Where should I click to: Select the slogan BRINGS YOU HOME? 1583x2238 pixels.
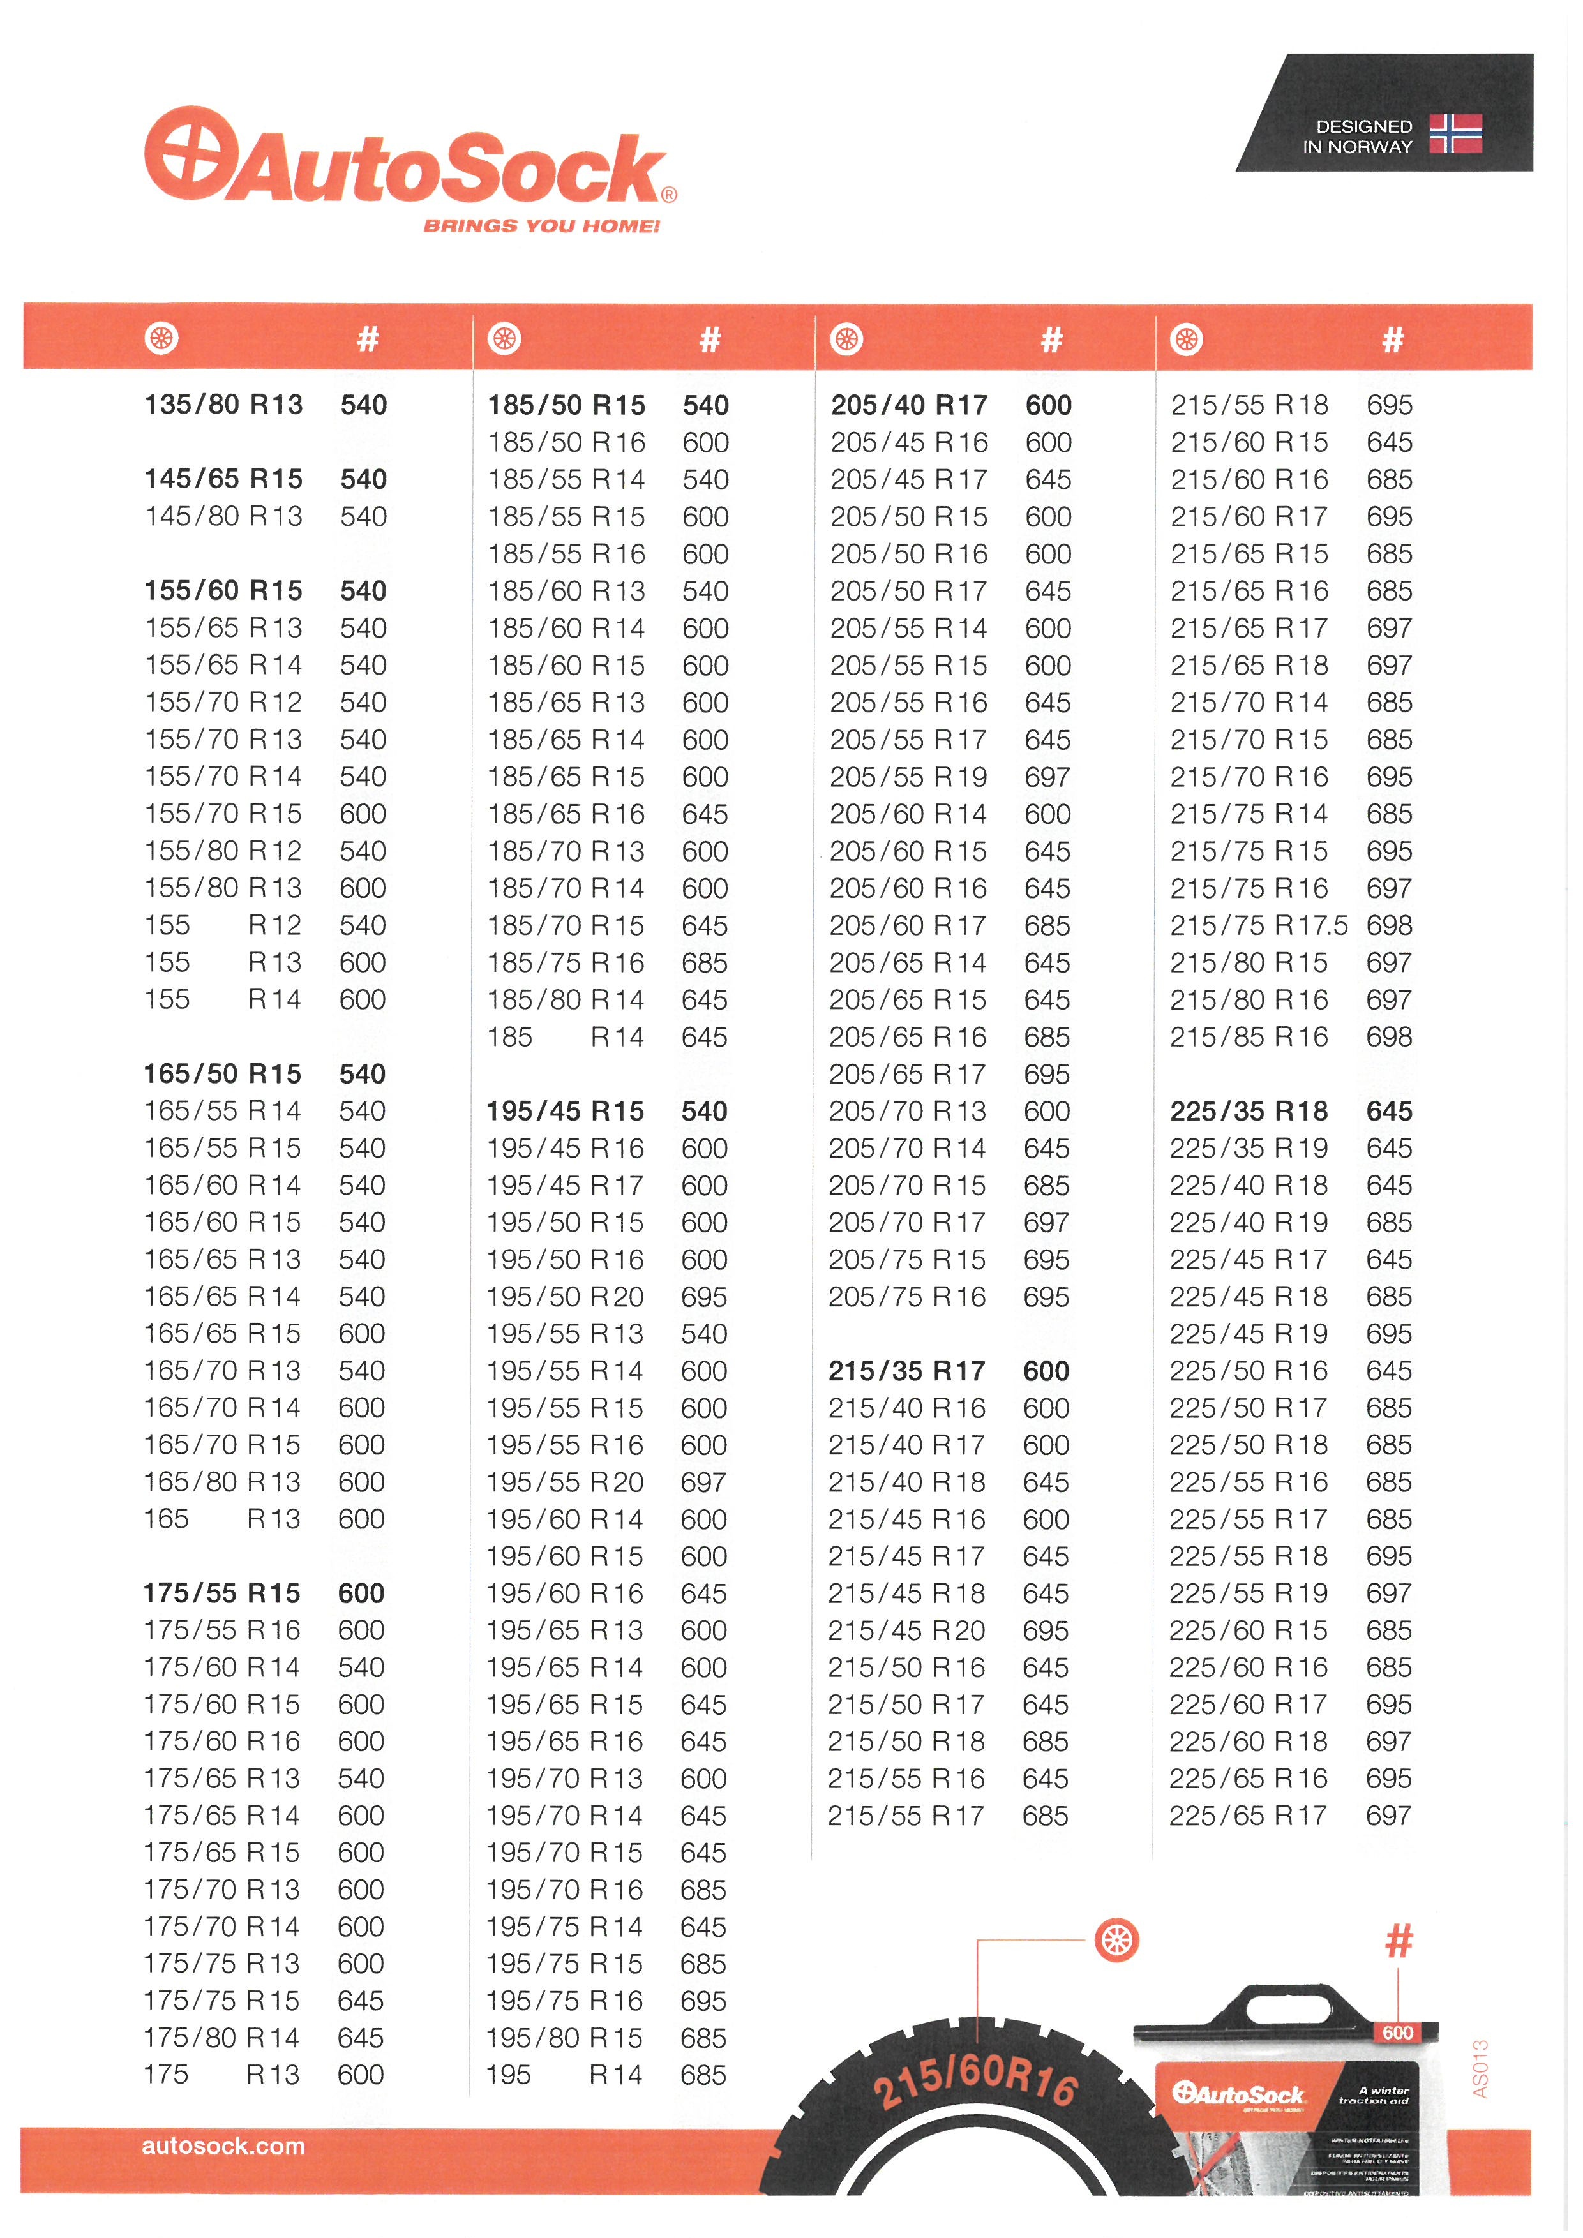tap(541, 226)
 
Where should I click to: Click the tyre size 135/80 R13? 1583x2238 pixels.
tap(223, 405)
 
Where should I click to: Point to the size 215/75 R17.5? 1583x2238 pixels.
tap(1258, 925)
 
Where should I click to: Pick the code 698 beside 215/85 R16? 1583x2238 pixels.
tap(1389, 1036)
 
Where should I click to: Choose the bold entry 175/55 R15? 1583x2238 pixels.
tap(222, 1593)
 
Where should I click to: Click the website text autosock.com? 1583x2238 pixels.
tap(223, 2145)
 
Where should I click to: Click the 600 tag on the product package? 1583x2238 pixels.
tap(1398, 2033)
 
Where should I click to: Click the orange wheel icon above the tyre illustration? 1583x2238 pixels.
tap(1117, 1940)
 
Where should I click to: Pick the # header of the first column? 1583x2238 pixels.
tap(368, 339)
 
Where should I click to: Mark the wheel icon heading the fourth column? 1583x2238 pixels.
tap(1186, 339)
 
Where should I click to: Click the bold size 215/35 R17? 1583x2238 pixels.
tap(906, 1371)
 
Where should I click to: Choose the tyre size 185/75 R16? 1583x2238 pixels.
tap(566, 962)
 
